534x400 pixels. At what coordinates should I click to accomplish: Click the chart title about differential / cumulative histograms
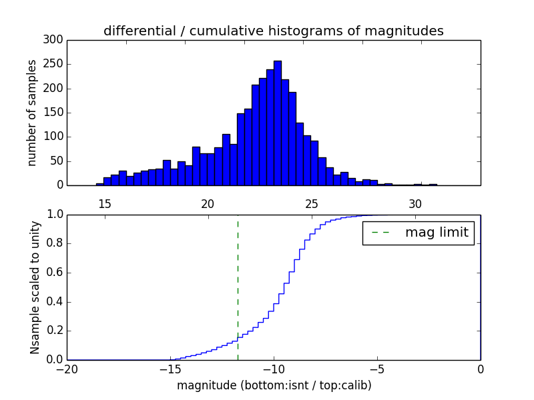click(x=273, y=31)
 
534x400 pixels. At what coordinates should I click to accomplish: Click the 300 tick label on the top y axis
click(x=54, y=40)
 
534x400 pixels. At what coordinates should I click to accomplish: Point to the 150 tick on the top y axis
click(x=54, y=113)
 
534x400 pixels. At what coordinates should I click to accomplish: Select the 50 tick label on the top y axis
click(x=57, y=161)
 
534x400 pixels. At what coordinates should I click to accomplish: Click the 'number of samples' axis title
click(x=32, y=113)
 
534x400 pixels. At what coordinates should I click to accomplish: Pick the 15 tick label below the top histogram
click(x=104, y=203)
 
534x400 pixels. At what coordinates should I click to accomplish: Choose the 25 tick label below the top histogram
click(x=311, y=203)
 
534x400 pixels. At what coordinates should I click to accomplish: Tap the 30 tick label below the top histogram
click(x=415, y=203)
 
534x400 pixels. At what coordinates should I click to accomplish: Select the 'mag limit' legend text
click(x=437, y=233)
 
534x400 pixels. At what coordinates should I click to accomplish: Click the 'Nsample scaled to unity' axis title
click(x=35, y=287)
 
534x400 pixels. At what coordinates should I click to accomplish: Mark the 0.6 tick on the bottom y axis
click(x=54, y=273)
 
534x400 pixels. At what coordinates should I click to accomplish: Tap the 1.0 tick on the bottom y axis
click(x=54, y=215)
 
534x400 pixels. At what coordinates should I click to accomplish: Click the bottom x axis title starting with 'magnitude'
click(x=274, y=385)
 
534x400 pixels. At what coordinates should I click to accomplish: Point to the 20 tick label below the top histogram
click(x=208, y=203)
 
